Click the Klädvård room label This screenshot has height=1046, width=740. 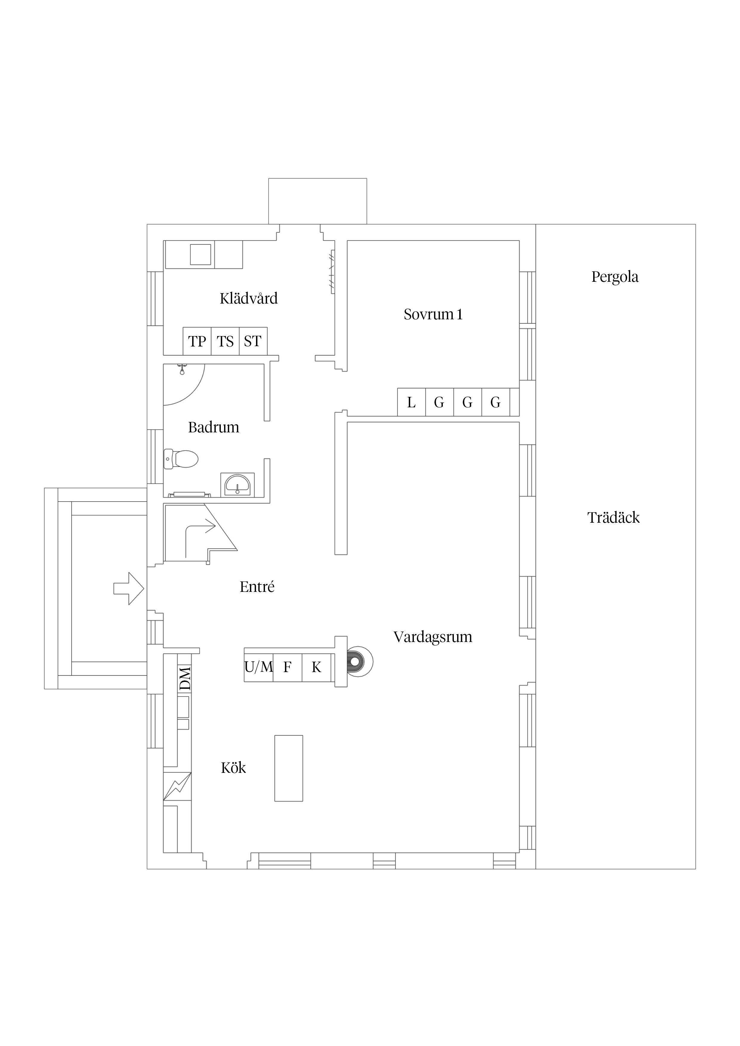pyautogui.click(x=249, y=298)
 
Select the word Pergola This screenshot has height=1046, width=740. pyautogui.click(x=615, y=276)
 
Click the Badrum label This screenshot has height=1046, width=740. pyautogui.click(x=213, y=427)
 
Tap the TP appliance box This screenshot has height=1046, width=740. pyautogui.click(x=197, y=341)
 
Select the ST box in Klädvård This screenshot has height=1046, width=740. pyautogui.click(x=253, y=341)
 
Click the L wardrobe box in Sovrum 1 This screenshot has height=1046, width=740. pyautogui.click(x=411, y=402)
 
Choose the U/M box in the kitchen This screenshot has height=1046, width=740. pyautogui.click(x=258, y=667)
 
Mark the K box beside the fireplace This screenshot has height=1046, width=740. pyautogui.click(x=316, y=667)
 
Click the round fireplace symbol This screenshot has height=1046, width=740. pyautogui.click(x=359, y=661)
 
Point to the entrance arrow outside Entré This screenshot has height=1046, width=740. pyautogui.click(x=129, y=589)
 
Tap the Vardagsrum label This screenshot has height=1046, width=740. pyautogui.click(x=433, y=637)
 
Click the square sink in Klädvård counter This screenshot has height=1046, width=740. pyautogui.click(x=201, y=255)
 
